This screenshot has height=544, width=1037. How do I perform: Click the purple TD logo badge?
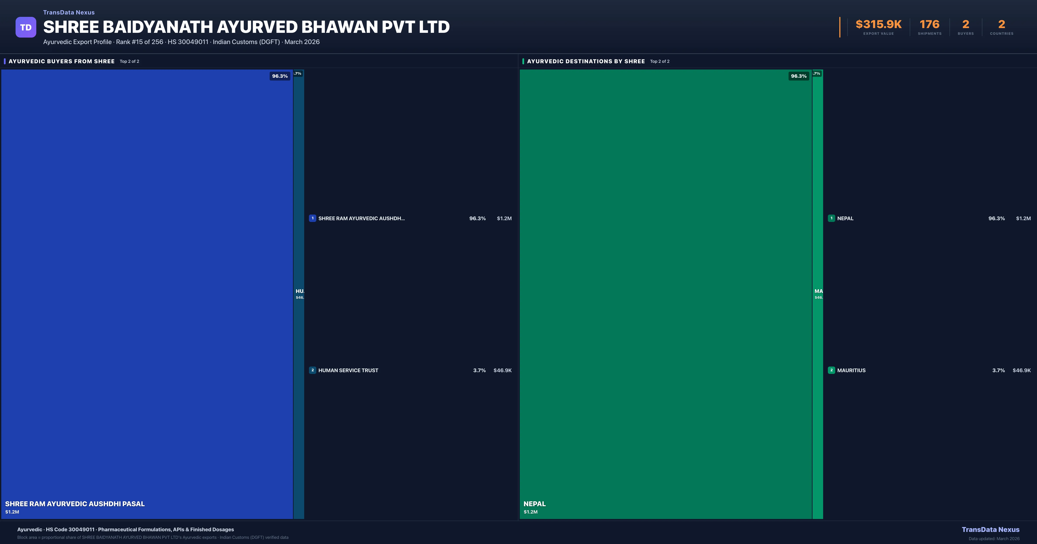26,27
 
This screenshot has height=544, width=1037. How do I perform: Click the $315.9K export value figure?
878,25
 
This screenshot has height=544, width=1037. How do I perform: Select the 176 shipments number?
929,25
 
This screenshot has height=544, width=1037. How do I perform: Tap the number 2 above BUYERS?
965,25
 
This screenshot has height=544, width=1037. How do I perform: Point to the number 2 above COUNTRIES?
1002,25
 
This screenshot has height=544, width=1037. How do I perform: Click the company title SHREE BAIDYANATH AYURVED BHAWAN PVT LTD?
246,27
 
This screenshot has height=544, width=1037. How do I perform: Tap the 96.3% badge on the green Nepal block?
798,76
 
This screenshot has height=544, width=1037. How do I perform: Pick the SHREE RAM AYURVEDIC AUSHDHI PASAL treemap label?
75,504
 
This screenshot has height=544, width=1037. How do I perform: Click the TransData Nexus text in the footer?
990,530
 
